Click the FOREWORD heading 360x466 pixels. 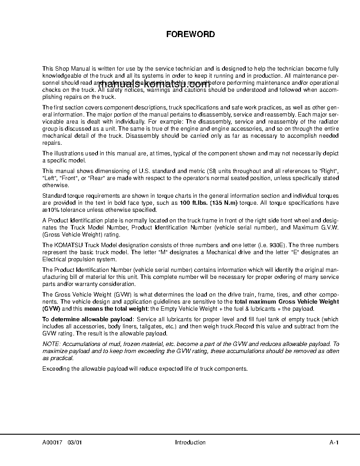coord(190,34)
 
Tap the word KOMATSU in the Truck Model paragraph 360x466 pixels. coord(70,245)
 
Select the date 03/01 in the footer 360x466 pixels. coord(75,443)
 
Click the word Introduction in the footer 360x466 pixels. coord(190,443)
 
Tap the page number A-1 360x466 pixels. coord(334,443)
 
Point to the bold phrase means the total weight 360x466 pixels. coord(113,308)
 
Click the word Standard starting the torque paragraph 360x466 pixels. coord(53,196)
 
